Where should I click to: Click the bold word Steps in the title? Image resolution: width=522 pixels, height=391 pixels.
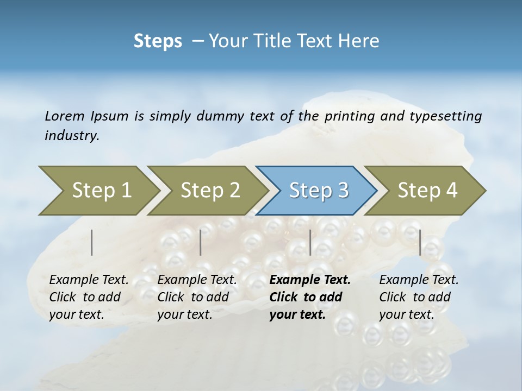tap(158, 41)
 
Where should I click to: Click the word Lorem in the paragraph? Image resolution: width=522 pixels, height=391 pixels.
tap(65, 116)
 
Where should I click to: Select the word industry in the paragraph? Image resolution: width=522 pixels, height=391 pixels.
tap(72, 135)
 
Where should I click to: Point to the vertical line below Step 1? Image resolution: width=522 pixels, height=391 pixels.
tap(92, 242)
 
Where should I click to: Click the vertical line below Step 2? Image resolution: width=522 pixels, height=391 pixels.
tap(201, 242)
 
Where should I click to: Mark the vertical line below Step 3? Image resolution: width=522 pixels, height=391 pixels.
tap(310, 242)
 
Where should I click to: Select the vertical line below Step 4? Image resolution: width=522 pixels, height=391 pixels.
tap(420, 242)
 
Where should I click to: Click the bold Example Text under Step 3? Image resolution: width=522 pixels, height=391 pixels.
tap(310, 280)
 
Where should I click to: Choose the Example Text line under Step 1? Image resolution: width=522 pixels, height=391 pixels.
tap(89, 280)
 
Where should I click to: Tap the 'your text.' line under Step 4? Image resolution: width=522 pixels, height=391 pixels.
tap(406, 314)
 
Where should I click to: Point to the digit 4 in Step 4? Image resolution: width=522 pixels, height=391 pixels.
tap(451, 190)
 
